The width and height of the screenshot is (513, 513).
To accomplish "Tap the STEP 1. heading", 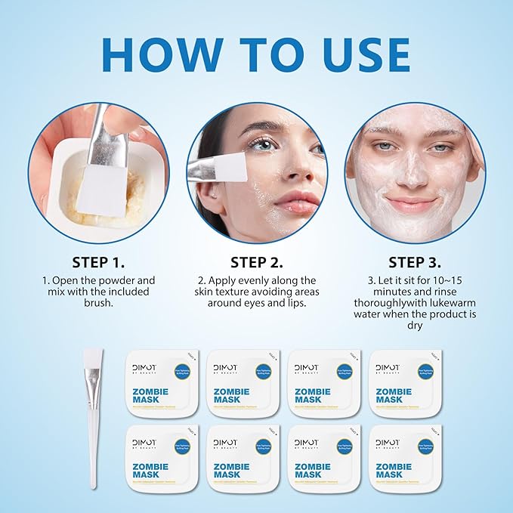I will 98,263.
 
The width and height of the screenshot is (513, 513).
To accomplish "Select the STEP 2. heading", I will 257,263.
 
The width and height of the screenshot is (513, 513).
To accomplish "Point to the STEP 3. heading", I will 415,263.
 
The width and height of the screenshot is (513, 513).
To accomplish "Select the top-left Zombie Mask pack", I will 162,383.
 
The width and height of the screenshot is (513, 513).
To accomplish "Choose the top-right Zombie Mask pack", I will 406,383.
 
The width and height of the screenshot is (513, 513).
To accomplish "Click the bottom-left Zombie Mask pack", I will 162,458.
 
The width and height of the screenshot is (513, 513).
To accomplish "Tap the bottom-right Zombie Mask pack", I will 406,458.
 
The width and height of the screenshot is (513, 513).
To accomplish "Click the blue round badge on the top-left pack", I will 182,371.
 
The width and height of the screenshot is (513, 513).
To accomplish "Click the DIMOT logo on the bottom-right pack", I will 388,443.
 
